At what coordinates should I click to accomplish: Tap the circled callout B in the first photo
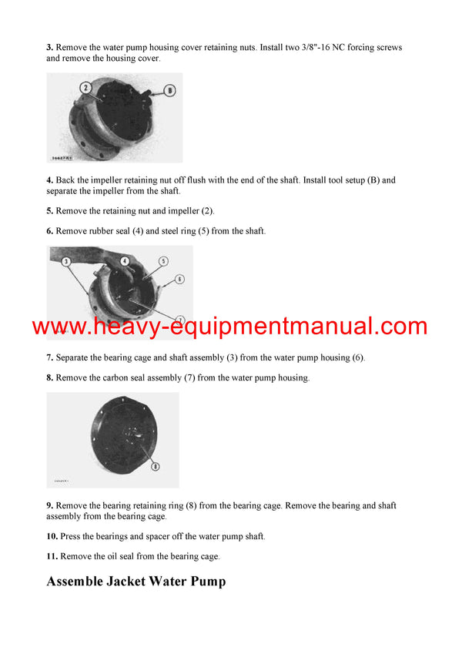(x=170, y=90)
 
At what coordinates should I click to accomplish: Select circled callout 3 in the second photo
(x=66, y=261)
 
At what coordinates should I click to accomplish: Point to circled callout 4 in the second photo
(x=125, y=261)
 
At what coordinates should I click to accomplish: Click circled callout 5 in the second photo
(x=163, y=261)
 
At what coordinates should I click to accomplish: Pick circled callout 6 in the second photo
(x=179, y=278)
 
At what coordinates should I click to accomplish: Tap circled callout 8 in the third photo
(x=156, y=465)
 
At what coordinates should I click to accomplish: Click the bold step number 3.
(x=49, y=48)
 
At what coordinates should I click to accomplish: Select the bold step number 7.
(x=49, y=357)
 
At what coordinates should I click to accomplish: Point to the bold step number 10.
(x=52, y=535)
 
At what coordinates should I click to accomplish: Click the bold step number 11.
(x=52, y=555)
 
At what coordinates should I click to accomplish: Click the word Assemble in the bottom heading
(x=80, y=582)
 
